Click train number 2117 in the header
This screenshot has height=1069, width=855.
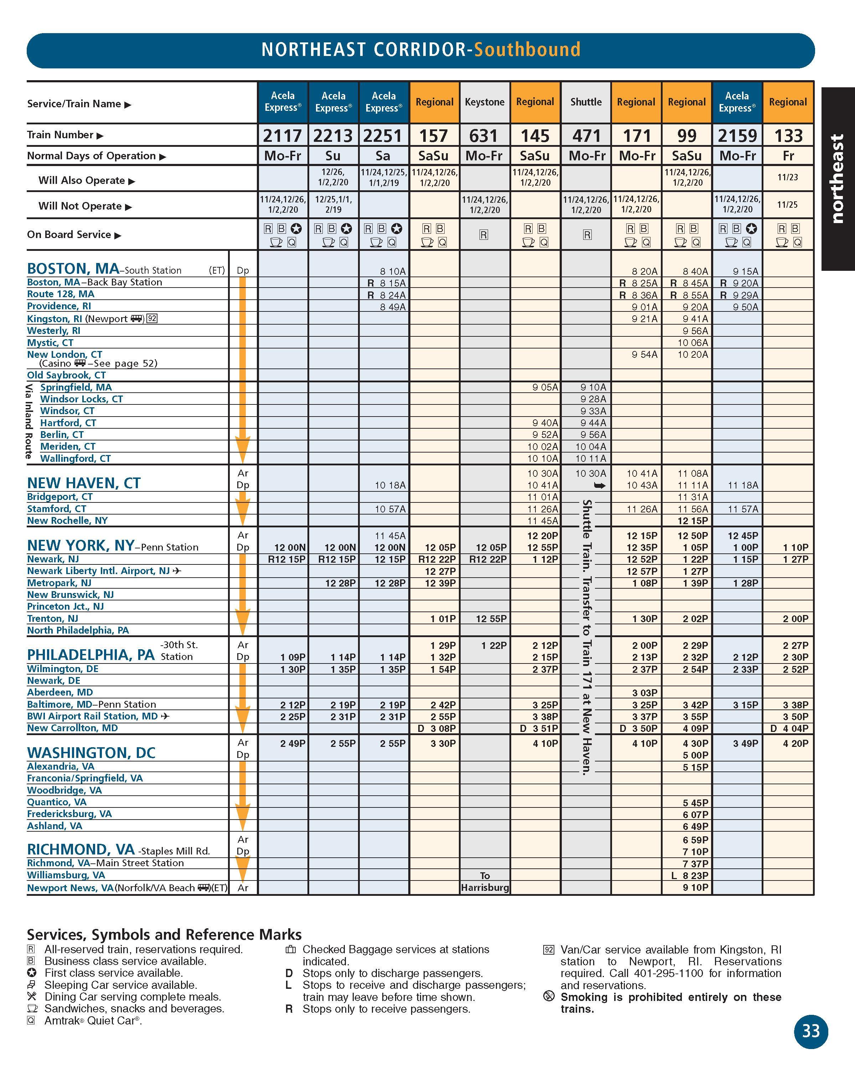click(283, 135)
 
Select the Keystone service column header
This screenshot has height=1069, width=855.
click(484, 102)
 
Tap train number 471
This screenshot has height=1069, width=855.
click(586, 135)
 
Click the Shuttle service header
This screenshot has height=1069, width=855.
click(586, 102)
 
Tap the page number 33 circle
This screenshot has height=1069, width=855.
click(810, 1031)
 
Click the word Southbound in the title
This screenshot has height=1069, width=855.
click(527, 50)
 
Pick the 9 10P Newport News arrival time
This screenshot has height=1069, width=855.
click(695, 888)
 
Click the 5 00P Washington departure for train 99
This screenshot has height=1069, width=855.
click(695, 755)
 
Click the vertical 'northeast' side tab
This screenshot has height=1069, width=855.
click(837, 179)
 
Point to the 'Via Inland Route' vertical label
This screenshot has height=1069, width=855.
click(29, 422)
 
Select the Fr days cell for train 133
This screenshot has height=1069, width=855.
click(788, 156)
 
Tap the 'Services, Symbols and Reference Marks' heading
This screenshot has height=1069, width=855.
click(164, 935)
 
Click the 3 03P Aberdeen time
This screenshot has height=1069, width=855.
click(645, 693)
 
